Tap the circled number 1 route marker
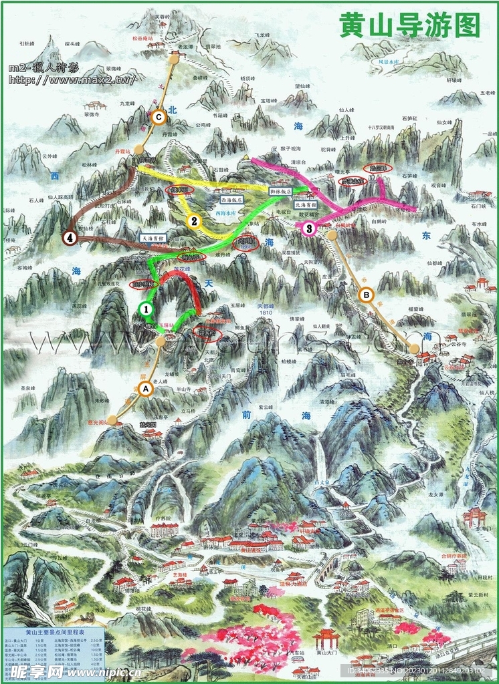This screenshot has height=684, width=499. click(146, 309)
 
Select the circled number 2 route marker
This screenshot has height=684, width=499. click(194, 222)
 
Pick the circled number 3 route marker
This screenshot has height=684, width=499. click(308, 229)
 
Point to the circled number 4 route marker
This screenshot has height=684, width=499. click(70, 237)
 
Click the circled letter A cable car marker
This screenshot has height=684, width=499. click(146, 389)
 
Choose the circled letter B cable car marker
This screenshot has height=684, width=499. click(366, 294)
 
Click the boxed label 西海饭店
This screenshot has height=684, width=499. click(225, 198)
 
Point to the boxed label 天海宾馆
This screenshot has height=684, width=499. click(153, 236)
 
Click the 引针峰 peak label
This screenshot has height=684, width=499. click(27, 43)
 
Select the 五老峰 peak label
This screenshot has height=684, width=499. click(489, 93)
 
